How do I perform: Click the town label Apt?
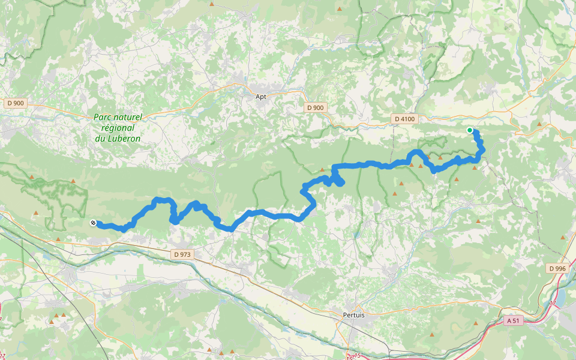(x=260, y=96)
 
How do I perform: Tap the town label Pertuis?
(x=354, y=314)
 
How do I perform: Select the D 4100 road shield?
(x=405, y=119)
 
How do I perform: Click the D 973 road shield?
(x=182, y=254)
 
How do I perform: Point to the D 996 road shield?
(x=557, y=268)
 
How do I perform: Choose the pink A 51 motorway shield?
(x=512, y=320)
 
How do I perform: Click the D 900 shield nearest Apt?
(x=314, y=107)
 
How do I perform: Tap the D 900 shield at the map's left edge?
(x=16, y=103)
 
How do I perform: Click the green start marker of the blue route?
(x=470, y=130)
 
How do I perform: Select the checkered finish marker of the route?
(x=93, y=223)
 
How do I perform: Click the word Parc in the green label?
(x=103, y=118)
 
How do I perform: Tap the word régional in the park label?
(x=118, y=128)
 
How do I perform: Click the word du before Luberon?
(x=100, y=139)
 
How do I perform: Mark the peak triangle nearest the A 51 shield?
(x=476, y=323)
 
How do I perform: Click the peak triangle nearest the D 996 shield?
(x=563, y=238)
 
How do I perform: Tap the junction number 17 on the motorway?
(x=551, y=304)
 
